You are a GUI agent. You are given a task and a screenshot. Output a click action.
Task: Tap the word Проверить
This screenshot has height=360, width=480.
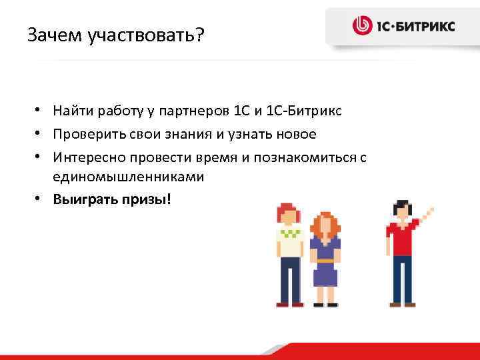86,135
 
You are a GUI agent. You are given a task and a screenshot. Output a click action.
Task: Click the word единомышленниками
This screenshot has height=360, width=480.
120,177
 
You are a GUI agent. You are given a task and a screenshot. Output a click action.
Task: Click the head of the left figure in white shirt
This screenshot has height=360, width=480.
289,217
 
